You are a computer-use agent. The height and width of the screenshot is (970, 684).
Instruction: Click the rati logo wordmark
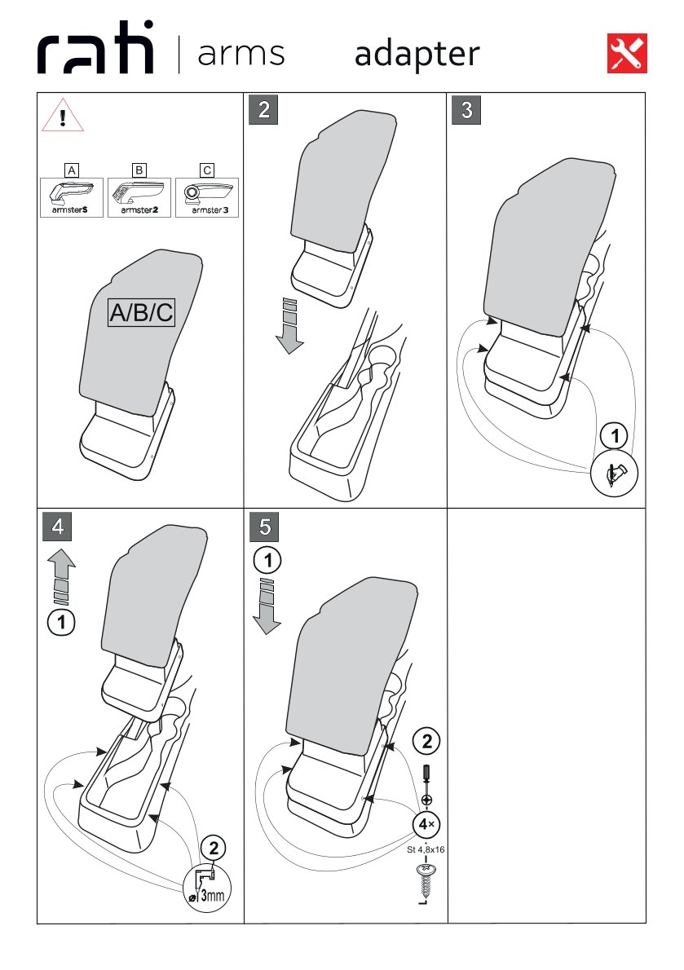(x=95, y=48)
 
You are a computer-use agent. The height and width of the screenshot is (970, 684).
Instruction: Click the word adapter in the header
(x=417, y=55)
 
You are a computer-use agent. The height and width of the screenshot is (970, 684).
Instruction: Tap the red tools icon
(x=627, y=53)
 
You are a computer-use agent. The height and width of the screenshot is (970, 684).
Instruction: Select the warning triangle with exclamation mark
(x=63, y=115)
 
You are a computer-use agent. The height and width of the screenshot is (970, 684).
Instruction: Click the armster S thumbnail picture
(x=71, y=197)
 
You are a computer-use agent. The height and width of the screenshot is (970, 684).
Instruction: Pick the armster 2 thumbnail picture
(x=139, y=197)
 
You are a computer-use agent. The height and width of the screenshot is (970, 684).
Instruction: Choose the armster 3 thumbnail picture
(x=207, y=197)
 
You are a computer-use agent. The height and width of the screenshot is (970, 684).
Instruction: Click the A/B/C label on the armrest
(x=141, y=312)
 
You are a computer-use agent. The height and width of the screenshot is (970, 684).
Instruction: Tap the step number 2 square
(x=264, y=109)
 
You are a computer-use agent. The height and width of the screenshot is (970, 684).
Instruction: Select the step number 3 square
(x=466, y=109)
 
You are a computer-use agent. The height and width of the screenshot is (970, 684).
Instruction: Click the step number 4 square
(x=58, y=527)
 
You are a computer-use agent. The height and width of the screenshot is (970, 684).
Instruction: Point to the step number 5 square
(x=265, y=527)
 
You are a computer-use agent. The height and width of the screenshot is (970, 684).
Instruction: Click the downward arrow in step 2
(x=289, y=327)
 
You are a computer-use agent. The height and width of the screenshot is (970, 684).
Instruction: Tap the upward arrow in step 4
(x=61, y=576)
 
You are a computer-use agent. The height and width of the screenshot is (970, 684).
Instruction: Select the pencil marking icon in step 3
(x=614, y=474)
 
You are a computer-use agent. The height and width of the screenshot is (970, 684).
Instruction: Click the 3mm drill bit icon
(x=207, y=886)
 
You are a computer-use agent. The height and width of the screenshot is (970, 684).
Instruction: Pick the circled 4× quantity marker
(x=426, y=824)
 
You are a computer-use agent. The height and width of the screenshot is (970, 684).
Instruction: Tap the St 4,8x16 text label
(x=426, y=850)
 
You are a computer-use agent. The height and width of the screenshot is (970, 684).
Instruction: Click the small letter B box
(x=139, y=170)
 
